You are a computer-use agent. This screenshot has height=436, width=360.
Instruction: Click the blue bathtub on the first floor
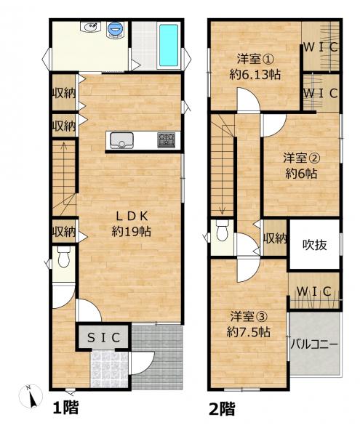[x=168, y=46]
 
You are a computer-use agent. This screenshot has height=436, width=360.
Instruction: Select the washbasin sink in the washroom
[x=90, y=28]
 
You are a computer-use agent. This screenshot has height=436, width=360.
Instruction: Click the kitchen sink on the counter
[x=121, y=141]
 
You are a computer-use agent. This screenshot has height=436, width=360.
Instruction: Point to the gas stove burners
[x=166, y=140]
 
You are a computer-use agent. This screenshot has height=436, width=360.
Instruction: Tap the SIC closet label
[x=103, y=338]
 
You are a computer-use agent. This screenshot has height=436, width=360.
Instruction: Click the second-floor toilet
[x=223, y=230]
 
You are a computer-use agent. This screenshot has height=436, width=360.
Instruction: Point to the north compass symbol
[x=31, y=396]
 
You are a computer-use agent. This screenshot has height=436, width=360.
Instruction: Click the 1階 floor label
[x=65, y=408]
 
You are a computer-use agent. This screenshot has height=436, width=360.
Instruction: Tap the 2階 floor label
[x=222, y=408]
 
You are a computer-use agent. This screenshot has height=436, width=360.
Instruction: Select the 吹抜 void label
[x=315, y=245]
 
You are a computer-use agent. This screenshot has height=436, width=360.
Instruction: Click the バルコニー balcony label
[x=314, y=344]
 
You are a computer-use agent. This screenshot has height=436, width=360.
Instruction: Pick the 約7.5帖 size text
[x=248, y=332]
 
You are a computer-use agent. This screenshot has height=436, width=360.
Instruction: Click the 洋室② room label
[x=302, y=158]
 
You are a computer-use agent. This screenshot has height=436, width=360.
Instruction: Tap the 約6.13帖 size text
[x=255, y=75]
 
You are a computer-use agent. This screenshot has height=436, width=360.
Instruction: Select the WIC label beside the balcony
[x=314, y=291]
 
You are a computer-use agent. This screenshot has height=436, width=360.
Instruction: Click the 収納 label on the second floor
[x=275, y=238]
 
